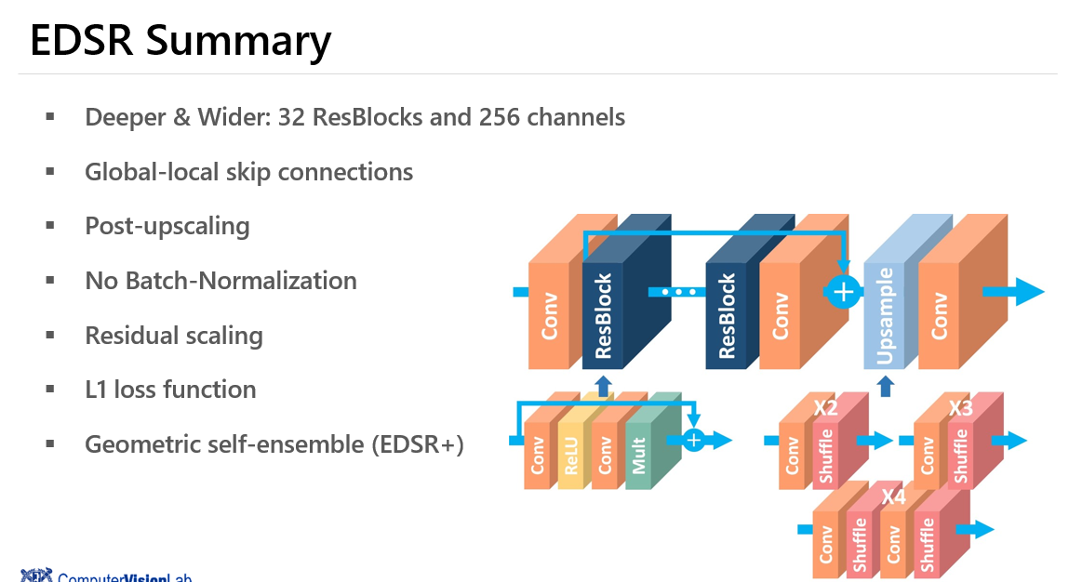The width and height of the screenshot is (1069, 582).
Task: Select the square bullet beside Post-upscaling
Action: (x=49, y=226)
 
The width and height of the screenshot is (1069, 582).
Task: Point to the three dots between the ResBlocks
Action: (x=678, y=292)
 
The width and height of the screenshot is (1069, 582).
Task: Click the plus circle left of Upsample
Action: (x=843, y=292)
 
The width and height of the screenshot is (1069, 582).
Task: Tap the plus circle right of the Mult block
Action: (x=694, y=440)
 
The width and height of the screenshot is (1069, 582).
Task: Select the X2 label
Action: (x=825, y=407)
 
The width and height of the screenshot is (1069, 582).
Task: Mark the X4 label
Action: (x=893, y=496)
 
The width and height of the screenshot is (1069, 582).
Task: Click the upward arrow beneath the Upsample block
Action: (x=886, y=385)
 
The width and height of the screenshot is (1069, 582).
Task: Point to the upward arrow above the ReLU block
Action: (x=603, y=385)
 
